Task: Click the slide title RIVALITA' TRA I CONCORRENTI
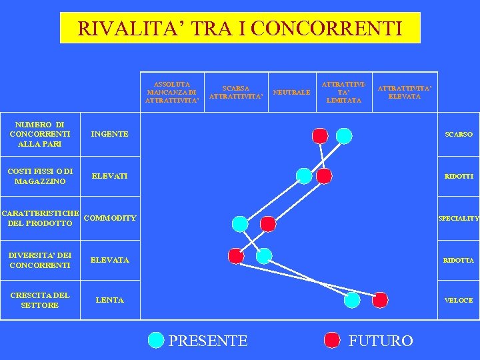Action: point(240,28)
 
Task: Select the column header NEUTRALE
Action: point(292,92)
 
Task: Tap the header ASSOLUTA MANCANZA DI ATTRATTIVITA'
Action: point(171,92)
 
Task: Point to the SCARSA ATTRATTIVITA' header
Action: point(236,92)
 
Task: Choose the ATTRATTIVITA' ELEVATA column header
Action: point(405,92)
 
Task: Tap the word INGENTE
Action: point(110,134)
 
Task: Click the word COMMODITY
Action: point(112,218)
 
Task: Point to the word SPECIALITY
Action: point(458,218)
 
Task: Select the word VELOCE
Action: point(459,300)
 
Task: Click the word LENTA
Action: point(110,300)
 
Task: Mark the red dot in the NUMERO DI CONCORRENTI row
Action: point(320,136)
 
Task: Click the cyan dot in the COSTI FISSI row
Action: point(303,175)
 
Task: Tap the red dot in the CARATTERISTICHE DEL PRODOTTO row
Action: point(267,223)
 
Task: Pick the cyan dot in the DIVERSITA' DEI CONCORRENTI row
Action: point(264,255)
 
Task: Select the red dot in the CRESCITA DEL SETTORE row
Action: point(380,300)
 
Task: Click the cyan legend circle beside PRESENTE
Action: point(155,341)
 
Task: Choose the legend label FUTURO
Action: point(381,341)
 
